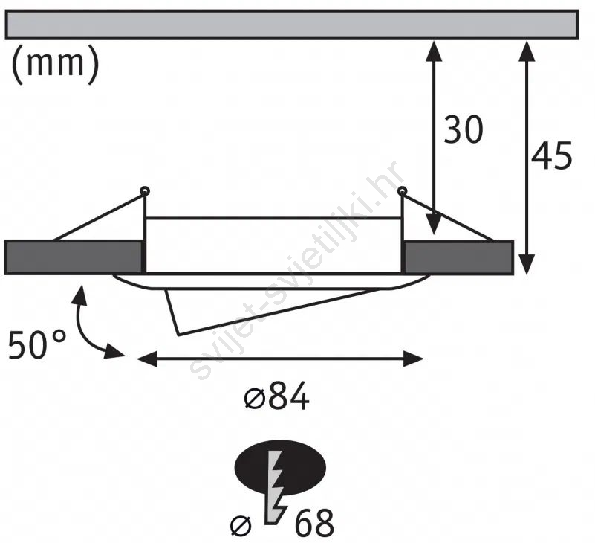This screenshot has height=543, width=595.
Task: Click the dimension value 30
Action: point(464,129)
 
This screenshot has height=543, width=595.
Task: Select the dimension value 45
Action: point(551,155)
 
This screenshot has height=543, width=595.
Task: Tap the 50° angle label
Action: point(37,344)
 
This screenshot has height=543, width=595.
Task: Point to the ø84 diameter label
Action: point(276,396)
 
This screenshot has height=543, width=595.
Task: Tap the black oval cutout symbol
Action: point(281,468)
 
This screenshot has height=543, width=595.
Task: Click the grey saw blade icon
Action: point(276,487)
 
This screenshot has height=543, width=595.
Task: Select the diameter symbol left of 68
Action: point(241,526)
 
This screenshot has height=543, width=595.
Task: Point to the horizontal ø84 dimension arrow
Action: point(280,359)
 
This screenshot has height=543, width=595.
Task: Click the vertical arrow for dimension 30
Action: point(434,138)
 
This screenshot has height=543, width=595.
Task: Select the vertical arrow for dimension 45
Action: point(526,157)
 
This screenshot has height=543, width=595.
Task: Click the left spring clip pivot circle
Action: point(145,190)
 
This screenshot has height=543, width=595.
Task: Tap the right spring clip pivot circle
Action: point(402,190)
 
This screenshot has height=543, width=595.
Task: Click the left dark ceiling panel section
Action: point(74,257)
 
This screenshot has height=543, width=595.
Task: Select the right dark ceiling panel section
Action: point(458,257)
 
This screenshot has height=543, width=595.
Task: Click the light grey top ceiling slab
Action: point(291,25)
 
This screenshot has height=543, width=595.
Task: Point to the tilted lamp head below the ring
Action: point(266,309)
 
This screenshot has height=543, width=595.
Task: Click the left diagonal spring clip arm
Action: point(99,217)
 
